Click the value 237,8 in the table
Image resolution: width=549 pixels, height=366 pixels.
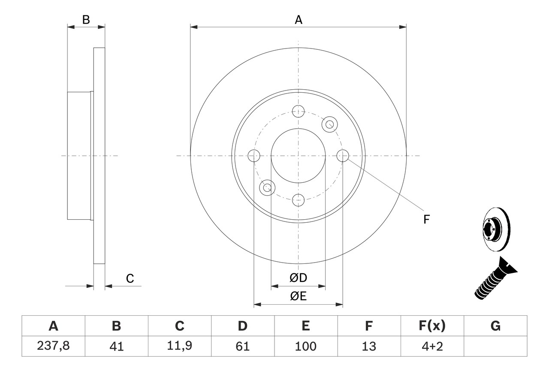click(53, 346)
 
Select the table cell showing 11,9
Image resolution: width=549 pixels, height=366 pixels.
click(179, 346)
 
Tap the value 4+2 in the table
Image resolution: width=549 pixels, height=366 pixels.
click(432, 346)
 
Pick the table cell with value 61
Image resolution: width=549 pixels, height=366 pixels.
click(242, 346)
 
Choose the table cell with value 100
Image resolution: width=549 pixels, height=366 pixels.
click(305, 346)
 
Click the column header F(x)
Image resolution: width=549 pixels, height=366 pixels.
click(432, 326)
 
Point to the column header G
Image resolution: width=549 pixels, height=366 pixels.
click(495, 326)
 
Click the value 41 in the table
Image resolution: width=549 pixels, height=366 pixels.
click(116, 346)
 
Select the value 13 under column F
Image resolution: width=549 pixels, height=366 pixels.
click(368, 346)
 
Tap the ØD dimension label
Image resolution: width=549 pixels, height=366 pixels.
click(299, 278)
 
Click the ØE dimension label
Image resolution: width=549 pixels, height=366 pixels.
click(299, 296)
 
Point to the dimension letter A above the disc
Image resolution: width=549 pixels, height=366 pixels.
click(299, 19)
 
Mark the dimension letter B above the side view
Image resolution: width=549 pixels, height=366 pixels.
click(86, 19)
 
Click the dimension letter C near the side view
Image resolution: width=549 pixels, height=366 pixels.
click(130, 278)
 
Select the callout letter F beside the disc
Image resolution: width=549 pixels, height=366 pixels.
click(426, 220)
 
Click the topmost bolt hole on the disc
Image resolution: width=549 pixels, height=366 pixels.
click(298, 112)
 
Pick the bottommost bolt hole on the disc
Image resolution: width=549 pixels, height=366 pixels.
click(298, 200)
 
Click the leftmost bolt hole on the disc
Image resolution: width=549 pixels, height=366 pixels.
click(254, 156)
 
